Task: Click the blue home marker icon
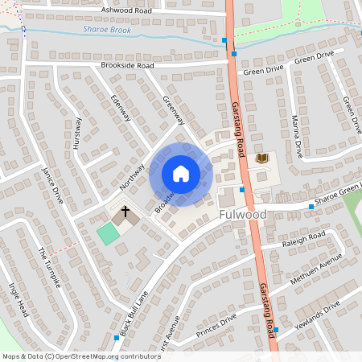[x=181, y=173]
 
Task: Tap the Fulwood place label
[x=242, y=215]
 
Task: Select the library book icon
[x=261, y=158]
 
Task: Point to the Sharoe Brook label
[x=106, y=30]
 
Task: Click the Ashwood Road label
[x=126, y=10]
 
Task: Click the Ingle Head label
[x=18, y=298]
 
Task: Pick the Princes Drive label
[x=217, y=325]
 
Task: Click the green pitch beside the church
[x=106, y=234]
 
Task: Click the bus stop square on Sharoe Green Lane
[x=311, y=207]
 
